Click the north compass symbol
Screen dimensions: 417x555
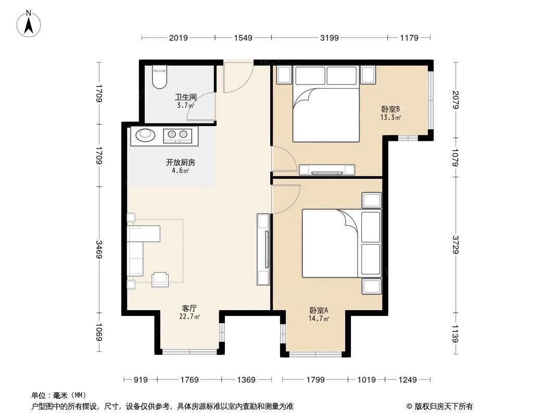pyautogui.click(x=30, y=23)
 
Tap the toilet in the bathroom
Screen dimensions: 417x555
pyautogui.click(x=159, y=77)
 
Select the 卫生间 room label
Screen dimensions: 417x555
pyautogui.click(x=185, y=100)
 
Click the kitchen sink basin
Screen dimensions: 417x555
pyautogui.click(x=146, y=136)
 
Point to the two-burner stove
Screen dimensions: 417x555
pyautogui.click(x=178, y=136)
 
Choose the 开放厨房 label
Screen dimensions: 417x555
pyautogui.click(x=181, y=166)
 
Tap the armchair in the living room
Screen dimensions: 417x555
pyautogui.click(x=160, y=279)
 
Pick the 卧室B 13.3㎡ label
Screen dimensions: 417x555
pyautogui.click(x=390, y=113)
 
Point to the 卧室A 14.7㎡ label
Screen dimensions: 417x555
pyautogui.click(x=318, y=315)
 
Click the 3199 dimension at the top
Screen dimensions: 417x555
pyautogui.click(x=329, y=38)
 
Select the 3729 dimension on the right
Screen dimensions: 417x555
pyautogui.click(x=456, y=243)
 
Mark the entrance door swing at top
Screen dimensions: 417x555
pyautogui.click(x=237, y=78)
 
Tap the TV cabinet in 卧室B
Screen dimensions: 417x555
pyautogui.click(x=327, y=169)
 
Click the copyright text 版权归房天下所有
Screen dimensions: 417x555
pyautogui.click(x=439, y=406)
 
